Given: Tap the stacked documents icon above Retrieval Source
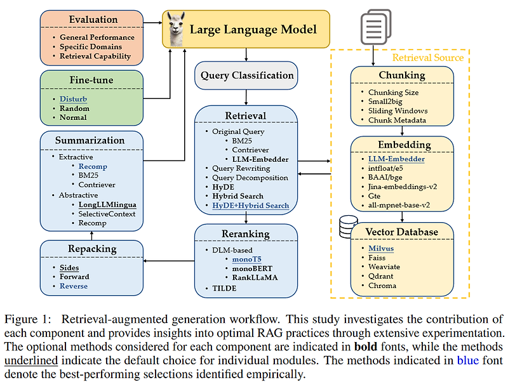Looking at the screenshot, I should click(x=373, y=28).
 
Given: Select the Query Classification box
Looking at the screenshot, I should click(x=247, y=76).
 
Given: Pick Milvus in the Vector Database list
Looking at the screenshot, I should click(x=382, y=248).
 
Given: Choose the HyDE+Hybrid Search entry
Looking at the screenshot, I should click(x=250, y=206).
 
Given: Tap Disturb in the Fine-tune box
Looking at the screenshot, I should click(x=74, y=100).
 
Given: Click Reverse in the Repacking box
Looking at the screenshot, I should click(x=74, y=286).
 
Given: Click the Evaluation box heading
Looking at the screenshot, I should click(x=93, y=20).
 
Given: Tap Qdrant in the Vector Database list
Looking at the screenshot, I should click(x=383, y=275).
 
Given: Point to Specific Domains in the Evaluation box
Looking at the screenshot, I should click(x=91, y=46).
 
